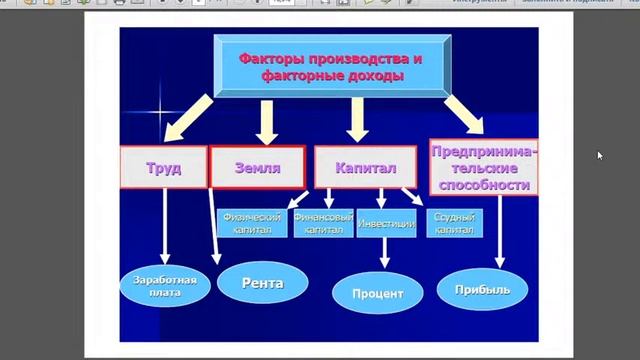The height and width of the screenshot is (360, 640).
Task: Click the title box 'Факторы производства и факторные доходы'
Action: pos(330,67)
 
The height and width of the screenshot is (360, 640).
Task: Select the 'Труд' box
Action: pos(162,168)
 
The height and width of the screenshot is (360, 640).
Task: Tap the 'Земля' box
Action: pos(257,168)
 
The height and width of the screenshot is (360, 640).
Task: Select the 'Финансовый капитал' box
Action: pos(322,223)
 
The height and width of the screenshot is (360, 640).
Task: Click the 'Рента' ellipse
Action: pos(262,283)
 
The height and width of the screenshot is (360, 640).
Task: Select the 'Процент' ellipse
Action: pos(377,294)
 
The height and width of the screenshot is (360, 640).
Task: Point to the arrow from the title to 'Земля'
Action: pos(266,122)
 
